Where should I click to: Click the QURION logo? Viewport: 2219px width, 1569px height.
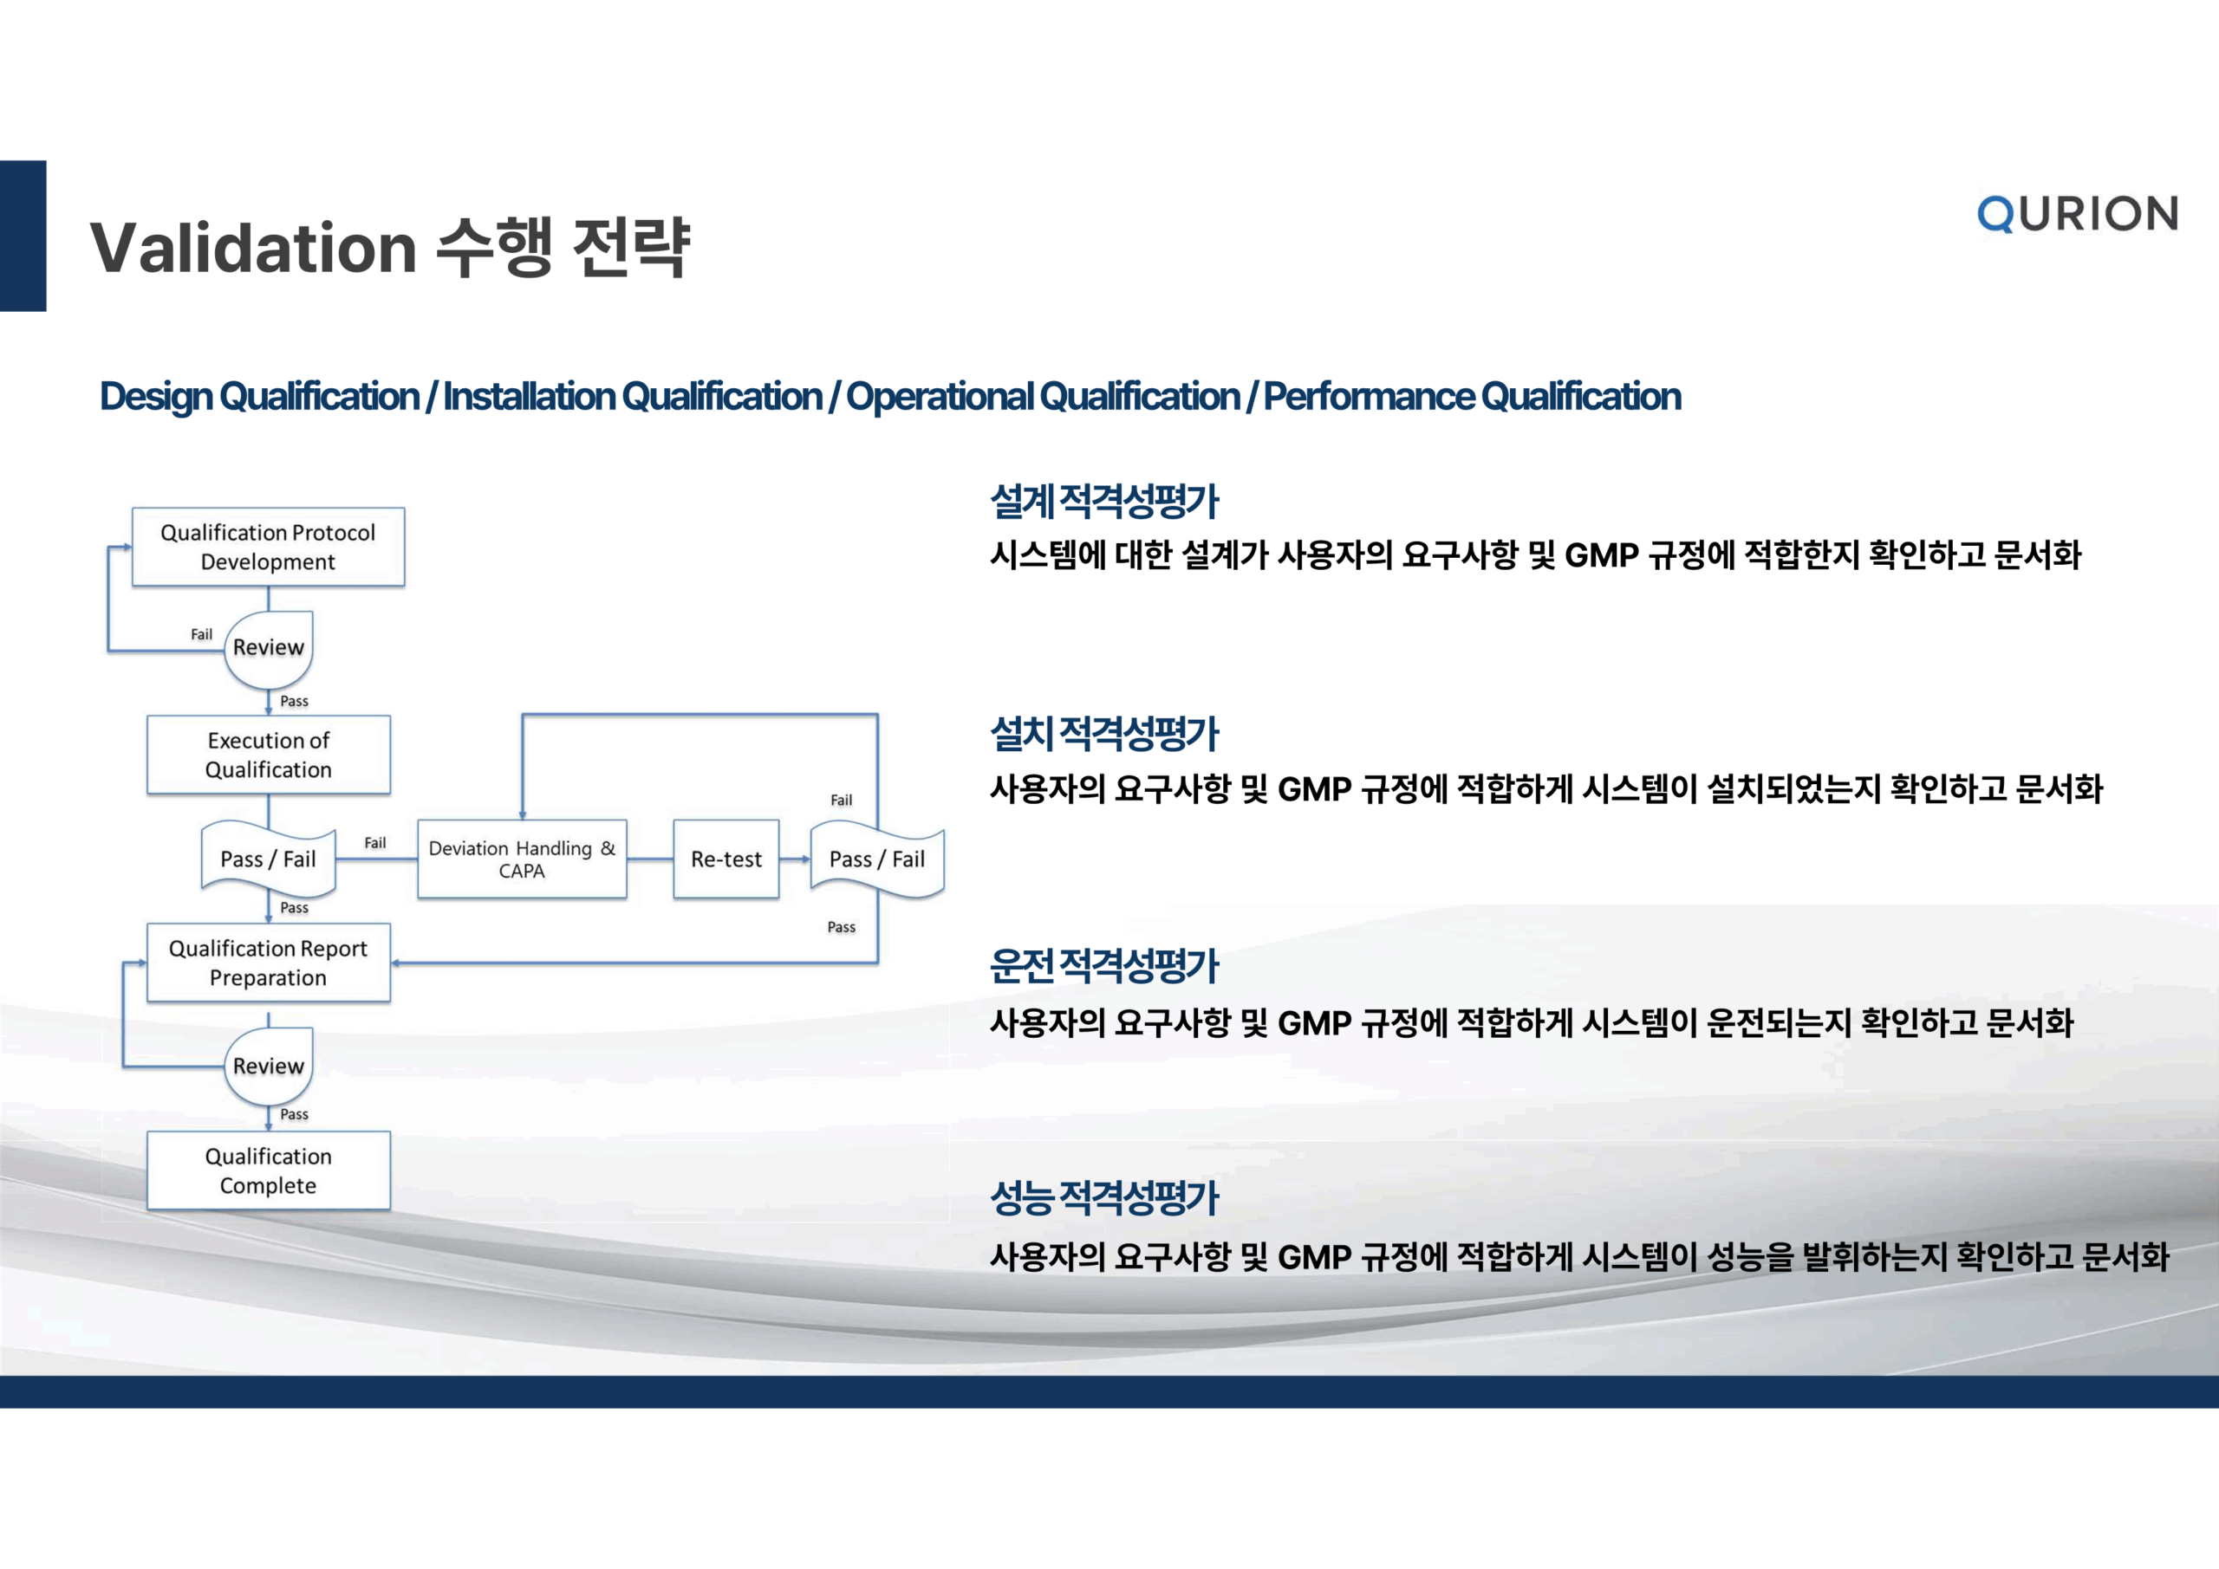tap(2077, 213)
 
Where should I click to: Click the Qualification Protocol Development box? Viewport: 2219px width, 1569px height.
tap(268, 547)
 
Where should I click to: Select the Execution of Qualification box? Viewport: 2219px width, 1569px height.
tap(268, 755)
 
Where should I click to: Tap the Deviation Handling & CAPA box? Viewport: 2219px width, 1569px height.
tap(522, 859)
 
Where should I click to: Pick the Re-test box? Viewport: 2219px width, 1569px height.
tap(726, 859)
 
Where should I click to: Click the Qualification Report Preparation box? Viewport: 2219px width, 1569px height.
tap(268, 963)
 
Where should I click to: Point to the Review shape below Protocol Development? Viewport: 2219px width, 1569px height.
tap(268, 647)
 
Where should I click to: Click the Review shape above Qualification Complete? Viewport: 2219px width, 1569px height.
tap(268, 1066)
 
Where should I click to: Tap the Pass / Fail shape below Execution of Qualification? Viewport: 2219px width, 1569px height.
tap(268, 859)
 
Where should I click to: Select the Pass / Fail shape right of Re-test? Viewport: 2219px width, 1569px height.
tap(876, 859)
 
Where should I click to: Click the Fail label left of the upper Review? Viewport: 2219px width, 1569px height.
tap(201, 635)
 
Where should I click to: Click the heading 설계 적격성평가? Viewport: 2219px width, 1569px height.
tap(1104, 502)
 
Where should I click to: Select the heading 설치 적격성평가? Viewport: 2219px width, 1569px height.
tap(1104, 735)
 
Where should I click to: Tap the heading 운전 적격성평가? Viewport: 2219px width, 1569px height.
tap(1104, 966)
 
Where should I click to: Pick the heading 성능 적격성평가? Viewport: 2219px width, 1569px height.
tap(1104, 1199)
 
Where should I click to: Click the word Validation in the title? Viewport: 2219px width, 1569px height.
tap(253, 249)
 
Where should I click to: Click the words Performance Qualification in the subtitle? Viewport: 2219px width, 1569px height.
tap(1472, 397)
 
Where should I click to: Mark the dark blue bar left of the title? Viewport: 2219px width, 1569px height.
tap(23, 236)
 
